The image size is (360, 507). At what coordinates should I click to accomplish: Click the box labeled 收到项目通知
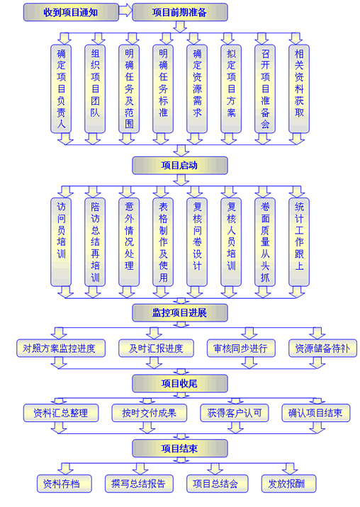pyautogui.click(x=71, y=12)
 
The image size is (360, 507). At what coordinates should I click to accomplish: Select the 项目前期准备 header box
pyautogui.click(x=180, y=12)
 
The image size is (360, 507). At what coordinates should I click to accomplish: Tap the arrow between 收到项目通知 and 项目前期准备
pyautogui.click(x=125, y=11)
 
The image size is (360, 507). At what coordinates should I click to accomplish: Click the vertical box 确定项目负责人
pyautogui.click(x=61, y=89)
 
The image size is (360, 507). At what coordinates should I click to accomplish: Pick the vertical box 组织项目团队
pyautogui.click(x=95, y=89)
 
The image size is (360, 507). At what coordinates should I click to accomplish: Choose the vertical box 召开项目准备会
pyautogui.click(x=265, y=89)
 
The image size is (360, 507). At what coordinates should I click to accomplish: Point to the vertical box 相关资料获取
pyautogui.click(x=299, y=89)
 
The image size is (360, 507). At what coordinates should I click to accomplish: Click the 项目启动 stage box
pyautogui.click(x=180, y=166)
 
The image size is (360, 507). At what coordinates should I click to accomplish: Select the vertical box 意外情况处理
pyautogui.click(x=129, y=242)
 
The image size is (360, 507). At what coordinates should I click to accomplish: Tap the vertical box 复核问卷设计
pyautogui.click(x=197, y=242)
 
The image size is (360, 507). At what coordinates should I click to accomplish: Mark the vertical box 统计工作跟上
pyautogui.click(x=299, y=242)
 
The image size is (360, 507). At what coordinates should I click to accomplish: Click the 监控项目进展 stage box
pyautogui.click(x=180, y=313)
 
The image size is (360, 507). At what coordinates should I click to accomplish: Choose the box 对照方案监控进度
pyautogui.click(x=61, y=348)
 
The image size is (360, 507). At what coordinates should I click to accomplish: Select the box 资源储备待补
pyautogui.click(x=322, y=348)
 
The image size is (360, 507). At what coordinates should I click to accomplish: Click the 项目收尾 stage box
pyautogui.click(x=180, y=384)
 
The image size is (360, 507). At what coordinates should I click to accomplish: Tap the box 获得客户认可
pyautogui.click(x=235, y=413)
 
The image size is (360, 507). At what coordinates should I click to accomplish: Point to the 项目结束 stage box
pyautogui.click(x=180, y=448)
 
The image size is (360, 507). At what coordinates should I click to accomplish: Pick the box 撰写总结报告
pyautogui.click(x=139, y=484)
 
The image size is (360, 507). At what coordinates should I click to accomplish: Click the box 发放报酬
pyautogui.click(x=288, y=484)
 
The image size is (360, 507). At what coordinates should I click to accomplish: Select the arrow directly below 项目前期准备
pyautogui.click(x=180, y=27)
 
